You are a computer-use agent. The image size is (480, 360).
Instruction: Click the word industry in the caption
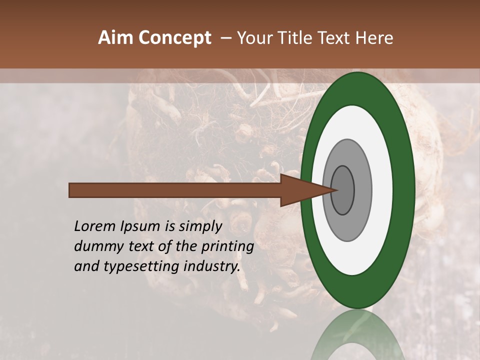click(212, 266)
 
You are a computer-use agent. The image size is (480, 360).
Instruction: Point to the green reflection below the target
click(357, 337)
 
